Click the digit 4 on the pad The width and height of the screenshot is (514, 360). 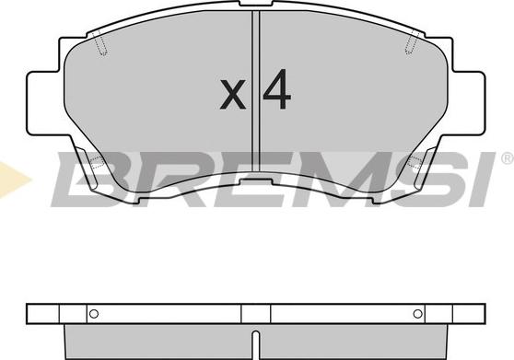pos(277,89)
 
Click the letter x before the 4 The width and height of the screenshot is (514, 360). pos(233,94)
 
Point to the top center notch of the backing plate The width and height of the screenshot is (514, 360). pos(256,4)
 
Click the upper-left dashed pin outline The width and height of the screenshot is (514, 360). pos(101,43)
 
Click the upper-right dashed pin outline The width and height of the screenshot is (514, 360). pos(412,42)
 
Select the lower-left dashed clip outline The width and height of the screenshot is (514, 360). pos(97,161)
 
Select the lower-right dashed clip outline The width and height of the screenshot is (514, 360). pos(415,161)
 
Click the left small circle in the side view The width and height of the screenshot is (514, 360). pos(94,314)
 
